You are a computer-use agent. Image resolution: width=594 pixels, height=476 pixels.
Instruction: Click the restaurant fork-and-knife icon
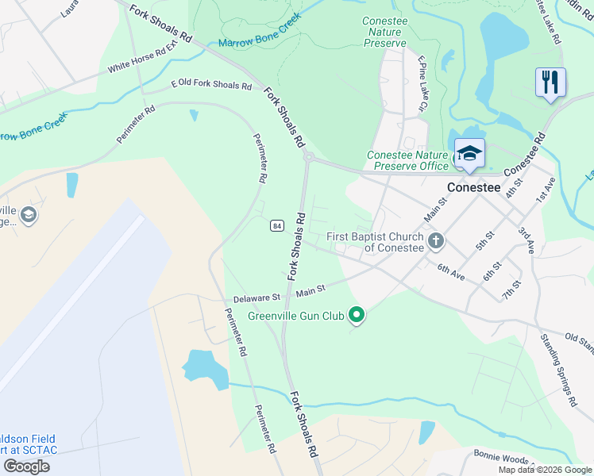(550, 82)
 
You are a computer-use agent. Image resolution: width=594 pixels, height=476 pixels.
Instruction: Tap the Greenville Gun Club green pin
(357, 316)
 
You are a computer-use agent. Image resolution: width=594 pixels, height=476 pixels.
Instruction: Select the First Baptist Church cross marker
(435, 240)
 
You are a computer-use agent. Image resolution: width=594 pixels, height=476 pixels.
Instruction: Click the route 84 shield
(276, 225)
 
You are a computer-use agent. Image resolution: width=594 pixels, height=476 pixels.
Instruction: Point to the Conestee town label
(474, 188)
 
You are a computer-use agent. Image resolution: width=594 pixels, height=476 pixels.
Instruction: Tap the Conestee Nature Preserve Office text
(407, 160)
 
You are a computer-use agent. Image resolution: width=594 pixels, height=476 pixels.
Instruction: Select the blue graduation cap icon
(469, 152)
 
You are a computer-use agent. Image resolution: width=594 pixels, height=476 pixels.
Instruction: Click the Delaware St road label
(257, 299)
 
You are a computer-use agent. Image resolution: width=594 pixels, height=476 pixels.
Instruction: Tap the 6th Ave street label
(450, 271)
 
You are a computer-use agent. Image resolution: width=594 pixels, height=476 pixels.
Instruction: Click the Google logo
(26, 466)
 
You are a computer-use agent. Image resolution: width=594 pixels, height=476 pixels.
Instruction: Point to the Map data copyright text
(545, 470)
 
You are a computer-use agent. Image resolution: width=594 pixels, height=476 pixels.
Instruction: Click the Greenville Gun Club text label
(295, 316)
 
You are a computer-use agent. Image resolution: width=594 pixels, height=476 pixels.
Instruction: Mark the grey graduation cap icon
(29, 214)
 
